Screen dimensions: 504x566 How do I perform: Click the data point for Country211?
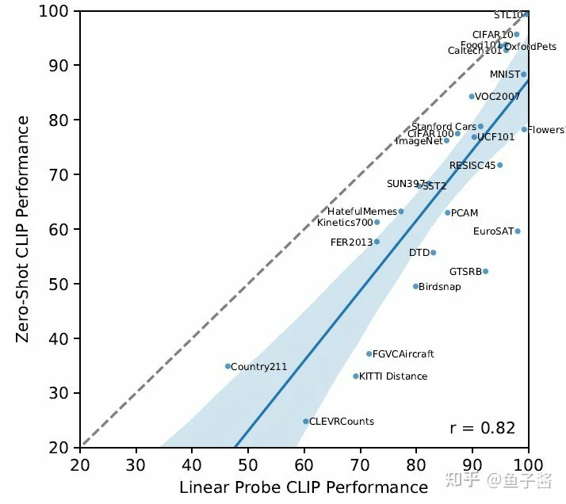pyautogui.click(x=228, y=366)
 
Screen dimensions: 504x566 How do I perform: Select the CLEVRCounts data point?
pyautogui.click(x=306, y=422)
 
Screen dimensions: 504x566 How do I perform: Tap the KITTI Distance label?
pyautogui.click(x=393, y=376)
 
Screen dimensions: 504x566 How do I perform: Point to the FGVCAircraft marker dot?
pyautogui.click(x=369, y=354)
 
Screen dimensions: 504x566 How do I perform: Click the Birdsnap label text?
pyautogui.click(x=439, y=287)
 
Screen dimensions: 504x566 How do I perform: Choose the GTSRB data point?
pyautogui.click(x=485, y=271)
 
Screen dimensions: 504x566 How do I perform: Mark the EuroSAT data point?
pyautogui.click(x=518, y=231)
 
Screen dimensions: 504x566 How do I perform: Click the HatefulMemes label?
pyautogui.click(x=362, y=212)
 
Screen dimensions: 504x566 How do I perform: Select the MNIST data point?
pyautogui.click(x=523, y=74)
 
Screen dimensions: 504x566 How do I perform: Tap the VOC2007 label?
pyautogui.click(x=497, y=97)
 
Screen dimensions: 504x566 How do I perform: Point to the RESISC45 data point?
pyautogui.click(x=499, y=165)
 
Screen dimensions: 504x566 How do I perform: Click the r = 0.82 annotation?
pyautogui.click(x=482, y=428)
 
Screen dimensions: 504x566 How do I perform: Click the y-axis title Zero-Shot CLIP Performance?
pyautogui.click(x=24, y=230)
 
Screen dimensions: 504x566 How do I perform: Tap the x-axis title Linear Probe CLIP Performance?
pyautogui.click(x=304, y=487)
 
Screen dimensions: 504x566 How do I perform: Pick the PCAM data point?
pyautogui.click(x=447, y=212)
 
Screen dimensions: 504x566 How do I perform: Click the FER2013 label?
pyautogui.click(x=351, y=242)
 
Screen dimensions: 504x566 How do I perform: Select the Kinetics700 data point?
pyautogui.click(x=377, y=222)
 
